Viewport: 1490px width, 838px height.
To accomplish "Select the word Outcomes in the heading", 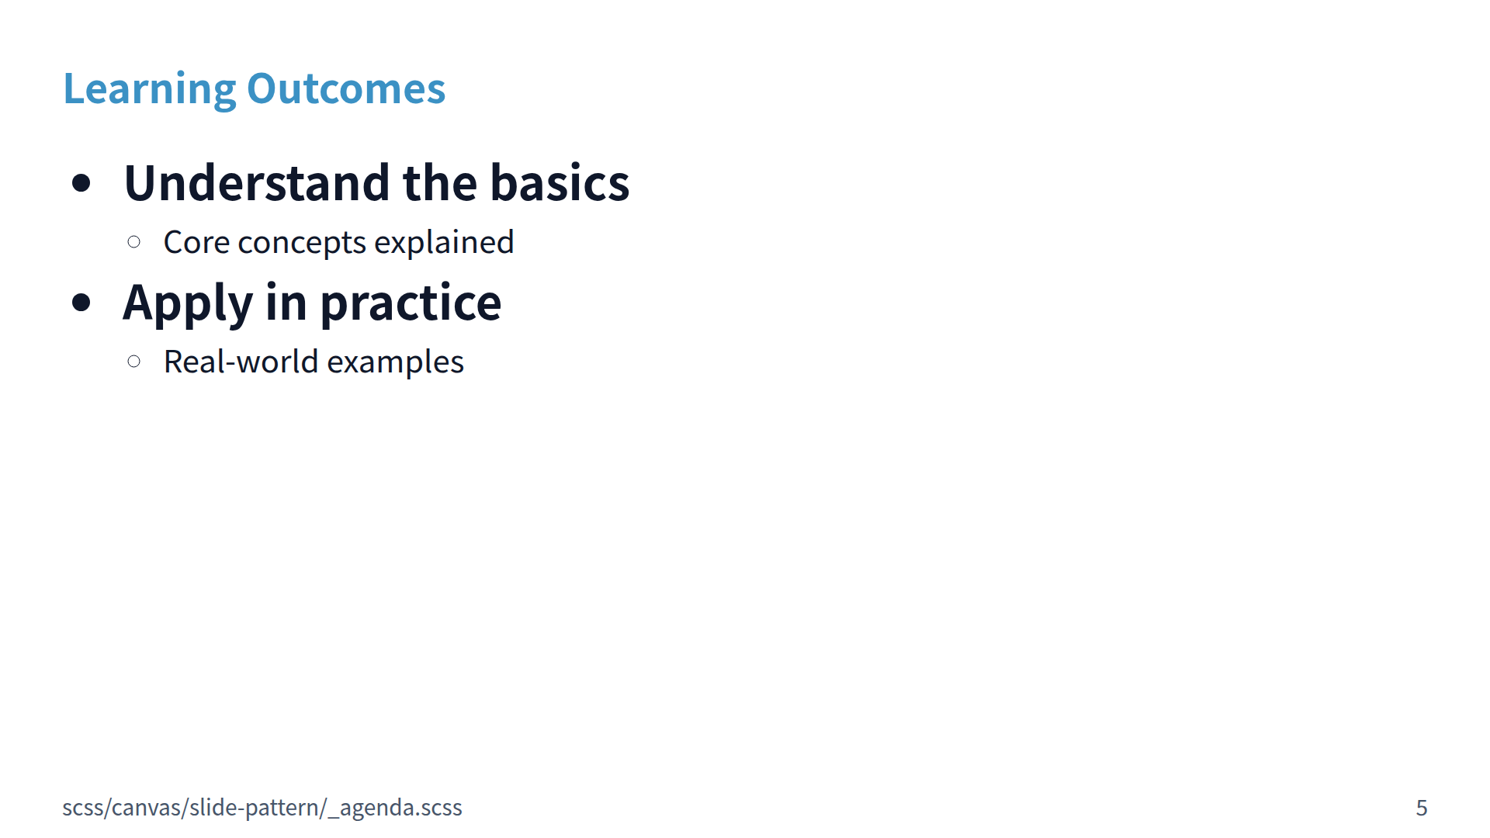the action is [x=346, y=88].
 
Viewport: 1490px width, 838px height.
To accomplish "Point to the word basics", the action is [x=560, y=183].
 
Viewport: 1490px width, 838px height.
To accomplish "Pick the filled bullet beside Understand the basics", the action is [x=81, y=184].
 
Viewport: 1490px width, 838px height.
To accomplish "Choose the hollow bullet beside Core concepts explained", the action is [x=133, y=242].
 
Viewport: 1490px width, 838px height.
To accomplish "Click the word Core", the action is [x=196, y=243].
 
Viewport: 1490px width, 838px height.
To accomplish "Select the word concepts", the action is [x=302, y=244].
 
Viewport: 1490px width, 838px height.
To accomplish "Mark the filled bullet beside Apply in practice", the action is [x=81, y=303].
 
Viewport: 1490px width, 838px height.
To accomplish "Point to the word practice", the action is [x=411, y=304].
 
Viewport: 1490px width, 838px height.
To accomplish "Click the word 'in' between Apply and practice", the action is [x=286, y=302].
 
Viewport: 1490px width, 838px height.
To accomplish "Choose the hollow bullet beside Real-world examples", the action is [x=133, y=361].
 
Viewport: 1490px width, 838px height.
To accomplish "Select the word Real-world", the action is [x=241, y=362].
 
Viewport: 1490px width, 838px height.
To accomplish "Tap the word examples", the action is [x=395, y=363].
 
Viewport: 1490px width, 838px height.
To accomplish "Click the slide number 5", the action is [x=1422, y=809].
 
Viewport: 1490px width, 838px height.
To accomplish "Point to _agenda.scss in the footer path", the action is [x=395, y=809].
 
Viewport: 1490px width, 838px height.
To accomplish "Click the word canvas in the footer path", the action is [x=147, y=809].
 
